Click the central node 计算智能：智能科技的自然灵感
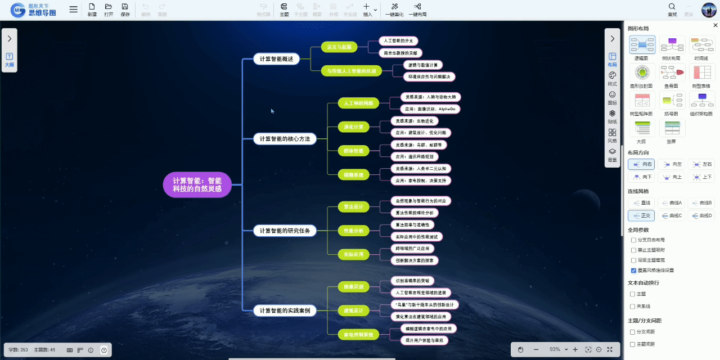[x=197, y=184]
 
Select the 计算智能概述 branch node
[x=276, y=59]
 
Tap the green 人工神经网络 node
[x=358, y=103]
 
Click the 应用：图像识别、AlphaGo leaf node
[x=430, y=109]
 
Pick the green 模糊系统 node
[x=353, y=175]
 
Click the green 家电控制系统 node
[x=358, y=335]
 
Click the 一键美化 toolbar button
[x=394, y=10]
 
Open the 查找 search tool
[x=672, y=10]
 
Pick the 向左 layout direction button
[x=672, y=164]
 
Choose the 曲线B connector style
[x=701, y=202]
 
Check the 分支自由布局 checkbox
[x=633, y=240]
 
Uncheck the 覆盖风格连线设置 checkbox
[x=633, y=270]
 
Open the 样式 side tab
[x=613, y=78]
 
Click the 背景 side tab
[x=613, y=155]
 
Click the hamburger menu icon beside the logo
[x=74, y=10]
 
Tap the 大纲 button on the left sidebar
[x=10, y=60]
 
